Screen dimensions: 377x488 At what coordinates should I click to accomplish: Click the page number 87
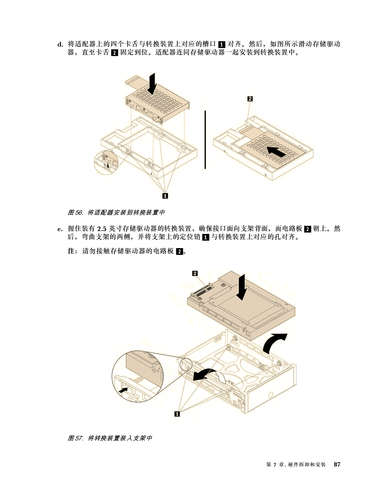coord(337,464)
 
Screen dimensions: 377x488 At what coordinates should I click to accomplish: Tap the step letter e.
coord(60,229)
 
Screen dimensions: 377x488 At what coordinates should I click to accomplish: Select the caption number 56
coord(79,212)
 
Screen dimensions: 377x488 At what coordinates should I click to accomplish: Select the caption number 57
coord(79,438)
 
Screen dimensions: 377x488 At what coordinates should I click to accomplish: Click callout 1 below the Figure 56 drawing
coord(165,195)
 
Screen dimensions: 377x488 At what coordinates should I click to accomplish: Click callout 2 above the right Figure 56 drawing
coord(250,98)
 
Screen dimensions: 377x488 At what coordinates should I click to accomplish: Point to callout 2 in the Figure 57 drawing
coord(195,273)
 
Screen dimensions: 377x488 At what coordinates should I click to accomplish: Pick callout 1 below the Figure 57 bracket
coord(177,414)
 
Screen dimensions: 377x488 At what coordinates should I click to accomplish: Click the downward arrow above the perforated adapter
coord(152,83)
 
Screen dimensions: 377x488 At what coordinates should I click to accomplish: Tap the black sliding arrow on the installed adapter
coord(276,152)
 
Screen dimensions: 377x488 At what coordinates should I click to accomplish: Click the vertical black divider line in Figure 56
coord(205,140)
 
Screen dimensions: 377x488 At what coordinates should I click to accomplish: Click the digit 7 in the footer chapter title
coord(275,464)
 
